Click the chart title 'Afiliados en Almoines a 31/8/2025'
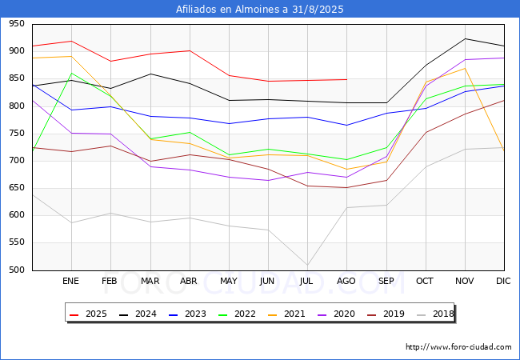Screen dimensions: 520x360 click(260, 9)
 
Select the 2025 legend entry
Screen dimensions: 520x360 click(88, 314)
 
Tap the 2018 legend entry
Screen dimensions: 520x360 click(435, 314)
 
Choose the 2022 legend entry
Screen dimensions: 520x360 click(237, 314)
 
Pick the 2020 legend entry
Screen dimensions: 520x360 click(336, 314)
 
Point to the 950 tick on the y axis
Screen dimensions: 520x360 click(17, 23)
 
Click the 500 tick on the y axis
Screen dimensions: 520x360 click(17, 270)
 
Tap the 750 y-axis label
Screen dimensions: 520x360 click(17, 134)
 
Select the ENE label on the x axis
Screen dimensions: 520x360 click(70, 281)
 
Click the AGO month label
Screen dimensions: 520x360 click(346, 281)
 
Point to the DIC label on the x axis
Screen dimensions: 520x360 click(503, 281)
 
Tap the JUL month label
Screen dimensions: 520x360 click(306, 281)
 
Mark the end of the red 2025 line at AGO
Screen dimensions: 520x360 click(347, 79)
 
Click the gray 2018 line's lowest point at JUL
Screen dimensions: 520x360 click(307, 265)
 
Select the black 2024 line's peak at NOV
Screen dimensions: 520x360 click(465, 38)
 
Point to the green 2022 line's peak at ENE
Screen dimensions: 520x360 click(72, 73)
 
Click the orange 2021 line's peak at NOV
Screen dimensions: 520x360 click(465, 68)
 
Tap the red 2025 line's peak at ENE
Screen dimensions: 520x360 click(72, 41)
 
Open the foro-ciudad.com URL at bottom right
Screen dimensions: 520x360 click(458, 347)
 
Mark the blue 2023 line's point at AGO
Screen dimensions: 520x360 click(347, 126)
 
